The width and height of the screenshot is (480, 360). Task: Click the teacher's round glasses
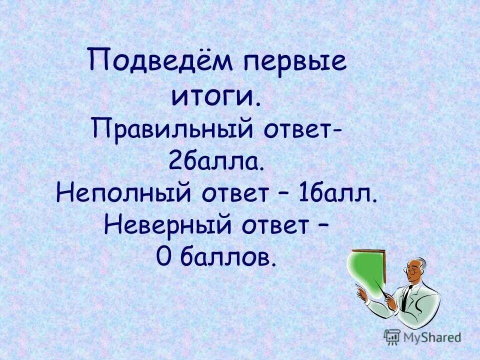412,270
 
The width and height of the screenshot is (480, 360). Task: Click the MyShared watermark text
432,337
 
